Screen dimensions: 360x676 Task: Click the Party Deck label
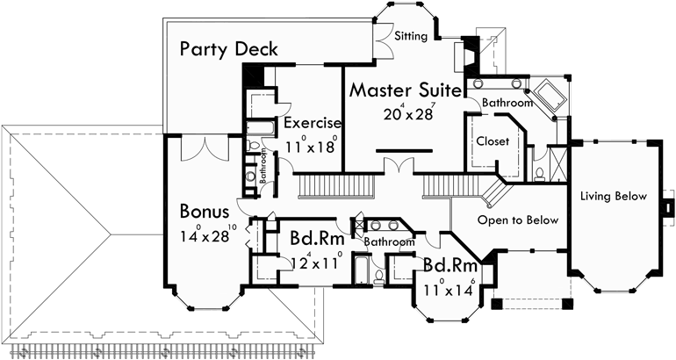[x=229, y=48]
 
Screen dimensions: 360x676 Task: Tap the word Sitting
[x=411, y=36]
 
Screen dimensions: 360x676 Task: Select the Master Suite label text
[x=405, y=90]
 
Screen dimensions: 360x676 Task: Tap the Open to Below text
[x=518, y=220]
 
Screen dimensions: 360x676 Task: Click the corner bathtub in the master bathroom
[x=550, y=94]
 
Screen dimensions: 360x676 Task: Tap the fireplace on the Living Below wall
[x=666, y=208]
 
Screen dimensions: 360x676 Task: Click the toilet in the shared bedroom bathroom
[x=377, y=276]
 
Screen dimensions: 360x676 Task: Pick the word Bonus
[x=205, y=212]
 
